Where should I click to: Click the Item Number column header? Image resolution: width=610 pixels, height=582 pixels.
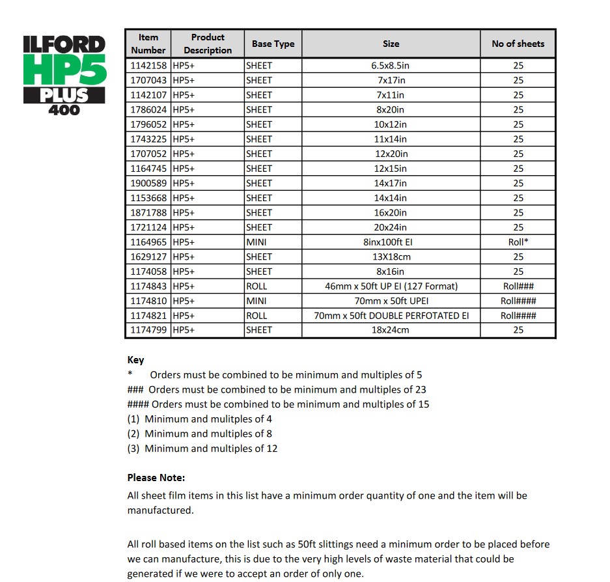[x=148, y=44]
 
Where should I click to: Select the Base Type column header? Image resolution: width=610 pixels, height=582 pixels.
[x=273, y=44]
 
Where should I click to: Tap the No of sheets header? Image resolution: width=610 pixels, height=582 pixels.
[x=518, y=44]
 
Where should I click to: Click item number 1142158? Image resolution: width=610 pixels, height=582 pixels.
[x=148, y=66]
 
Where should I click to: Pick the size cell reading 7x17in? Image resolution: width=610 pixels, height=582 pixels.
[x=391, y=80]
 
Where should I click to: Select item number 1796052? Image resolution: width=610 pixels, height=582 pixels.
[x=148, y=124]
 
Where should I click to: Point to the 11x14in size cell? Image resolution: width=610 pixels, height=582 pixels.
[x=391, y=139]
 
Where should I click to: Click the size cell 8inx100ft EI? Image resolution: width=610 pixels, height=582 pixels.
[x=391, y=242]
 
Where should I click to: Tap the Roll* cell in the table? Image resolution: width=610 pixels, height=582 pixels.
[x=518, y=242]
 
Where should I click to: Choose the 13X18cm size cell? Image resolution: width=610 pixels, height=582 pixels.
[x=391, y=256]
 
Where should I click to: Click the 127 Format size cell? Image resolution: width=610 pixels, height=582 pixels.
[x=391, y=286]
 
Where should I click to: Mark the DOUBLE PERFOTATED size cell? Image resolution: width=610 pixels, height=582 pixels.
[x=391, y=316]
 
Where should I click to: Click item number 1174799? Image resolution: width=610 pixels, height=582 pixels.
[x=148, y=330]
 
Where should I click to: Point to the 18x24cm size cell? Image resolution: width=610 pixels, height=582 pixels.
[x=391, y=330]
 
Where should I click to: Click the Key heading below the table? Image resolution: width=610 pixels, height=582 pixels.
[x=135, y=360]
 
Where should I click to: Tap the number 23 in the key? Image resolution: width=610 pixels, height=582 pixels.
[x=420, y=390]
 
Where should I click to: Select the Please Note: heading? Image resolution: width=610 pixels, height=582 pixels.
[x=156, y=478]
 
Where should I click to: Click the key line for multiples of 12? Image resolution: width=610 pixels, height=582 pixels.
[x=202, y=449]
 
